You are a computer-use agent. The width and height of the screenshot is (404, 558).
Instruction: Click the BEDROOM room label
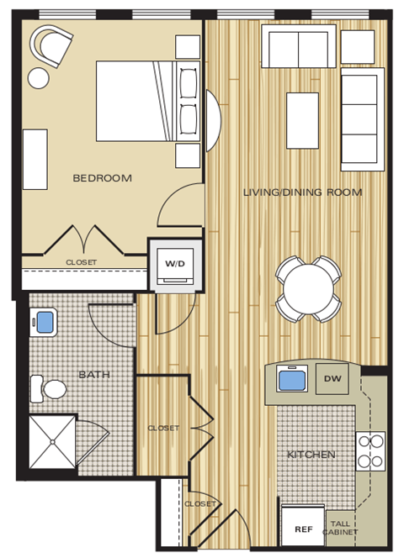102,178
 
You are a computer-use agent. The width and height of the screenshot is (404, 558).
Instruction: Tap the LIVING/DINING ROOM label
302,192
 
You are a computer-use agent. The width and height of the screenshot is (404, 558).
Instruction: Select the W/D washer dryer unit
175,265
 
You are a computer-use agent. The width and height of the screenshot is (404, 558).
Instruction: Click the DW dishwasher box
331,379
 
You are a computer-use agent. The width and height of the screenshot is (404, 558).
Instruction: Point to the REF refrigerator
303,529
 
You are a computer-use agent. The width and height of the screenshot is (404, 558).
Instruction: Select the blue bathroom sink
44,321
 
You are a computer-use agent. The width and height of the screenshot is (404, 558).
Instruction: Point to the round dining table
309,289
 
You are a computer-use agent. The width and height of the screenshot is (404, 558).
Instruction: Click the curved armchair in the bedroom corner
51,46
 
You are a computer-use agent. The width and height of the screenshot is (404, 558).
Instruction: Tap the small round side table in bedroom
39,78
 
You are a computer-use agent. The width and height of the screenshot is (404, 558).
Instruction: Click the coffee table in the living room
302,120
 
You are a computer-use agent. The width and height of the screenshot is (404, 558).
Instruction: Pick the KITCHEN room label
311,455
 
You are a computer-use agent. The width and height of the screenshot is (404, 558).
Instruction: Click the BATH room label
94,375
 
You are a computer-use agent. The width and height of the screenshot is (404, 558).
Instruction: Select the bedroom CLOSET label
82,262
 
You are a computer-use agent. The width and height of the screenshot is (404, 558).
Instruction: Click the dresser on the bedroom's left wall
35,159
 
